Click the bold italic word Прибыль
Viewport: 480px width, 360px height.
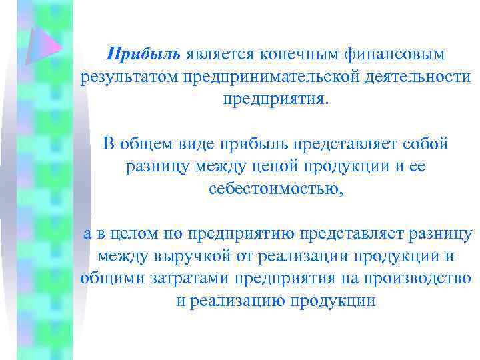pyautogui.click(x=143, y=53)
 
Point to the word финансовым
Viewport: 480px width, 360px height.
pyautogui.click(x=387, y=53)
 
